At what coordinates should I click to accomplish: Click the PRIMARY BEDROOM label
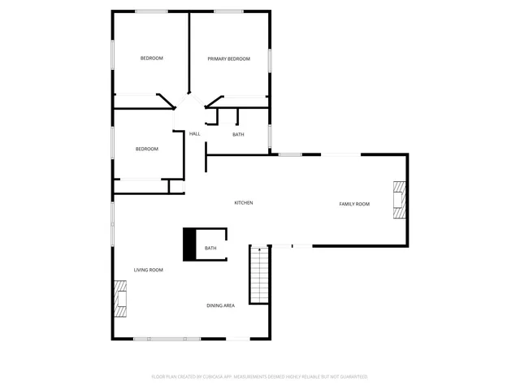coord(228,58)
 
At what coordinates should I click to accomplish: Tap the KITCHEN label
coord(244,202)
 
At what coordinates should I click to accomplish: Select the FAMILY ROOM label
coord(354,204)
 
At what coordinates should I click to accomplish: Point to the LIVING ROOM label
coord(149,270)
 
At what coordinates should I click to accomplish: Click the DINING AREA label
coord(220,305)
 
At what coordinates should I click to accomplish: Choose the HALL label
coord(195,134)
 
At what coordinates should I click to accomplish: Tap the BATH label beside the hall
coord(238,135)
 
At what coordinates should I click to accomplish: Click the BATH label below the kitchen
coord(210,249)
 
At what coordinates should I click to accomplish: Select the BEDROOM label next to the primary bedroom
coord(152,58)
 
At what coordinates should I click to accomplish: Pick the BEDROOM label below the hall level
coord(147,149)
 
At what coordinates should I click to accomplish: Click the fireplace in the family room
coord(399,201)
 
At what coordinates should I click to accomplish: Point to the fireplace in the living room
coord(121,298)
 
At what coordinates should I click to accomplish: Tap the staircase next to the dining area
coord(259,275)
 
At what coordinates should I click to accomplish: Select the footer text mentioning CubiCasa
coord(260,377)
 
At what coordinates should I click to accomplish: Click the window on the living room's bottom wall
coord(167,339)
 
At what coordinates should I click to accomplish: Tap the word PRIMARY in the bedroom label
coord(217,58)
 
